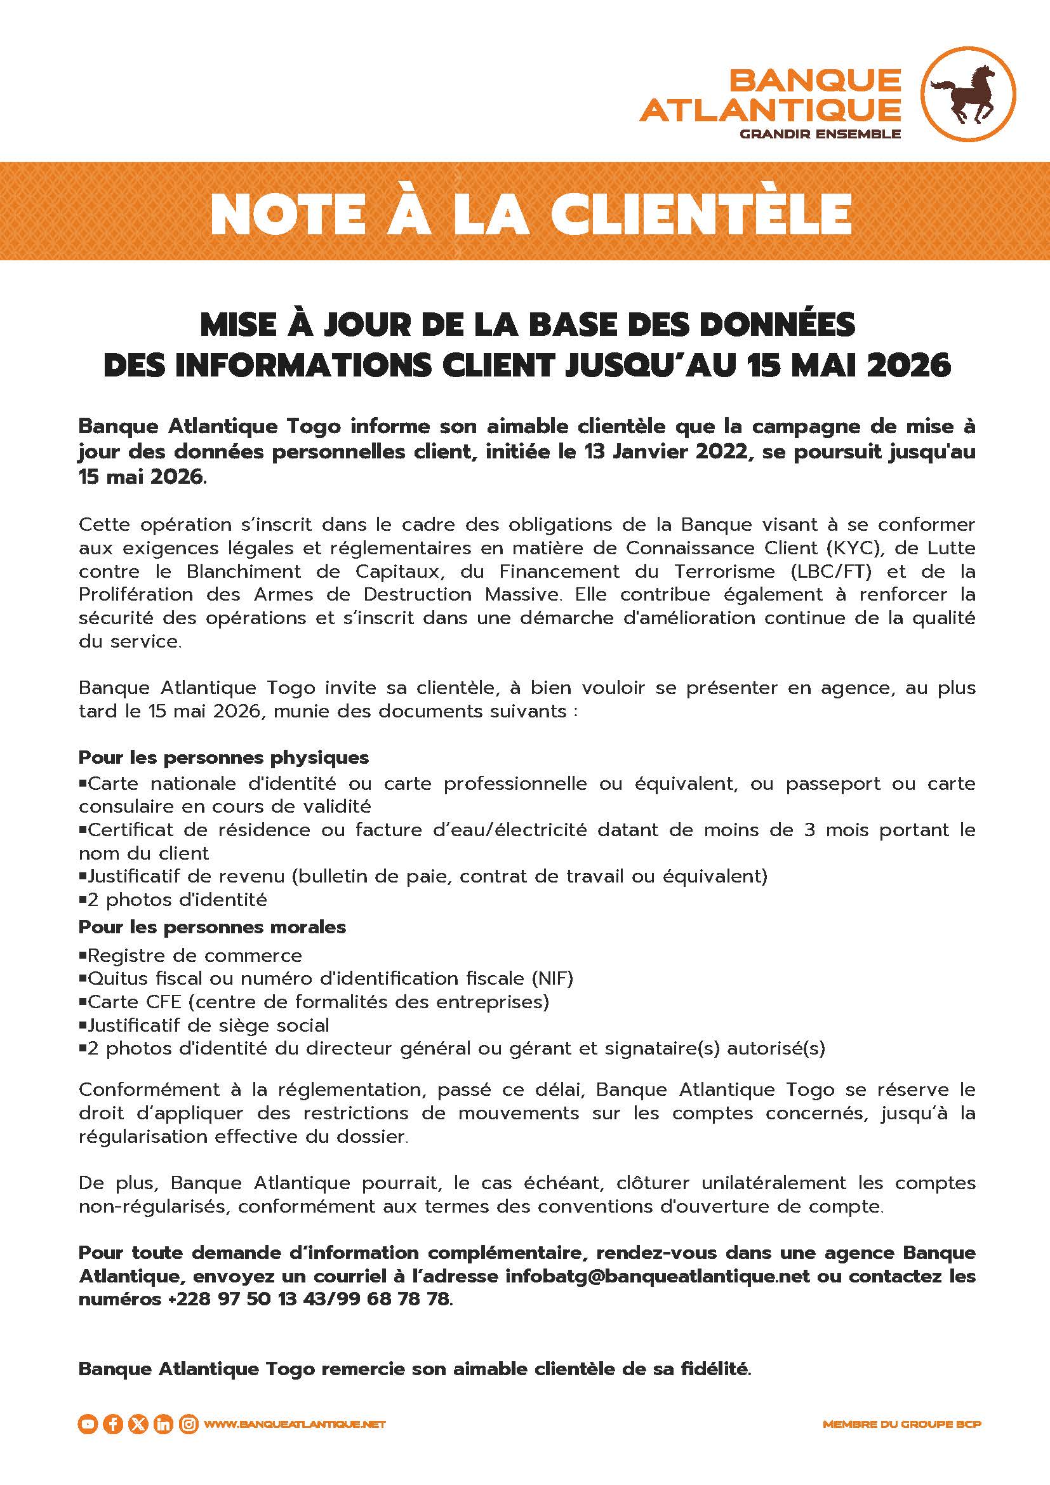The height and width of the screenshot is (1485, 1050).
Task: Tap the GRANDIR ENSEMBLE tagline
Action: coord(820,135)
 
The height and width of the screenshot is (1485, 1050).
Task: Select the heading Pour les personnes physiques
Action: coord(223,757)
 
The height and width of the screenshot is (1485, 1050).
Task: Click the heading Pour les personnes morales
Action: coord(212,927)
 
